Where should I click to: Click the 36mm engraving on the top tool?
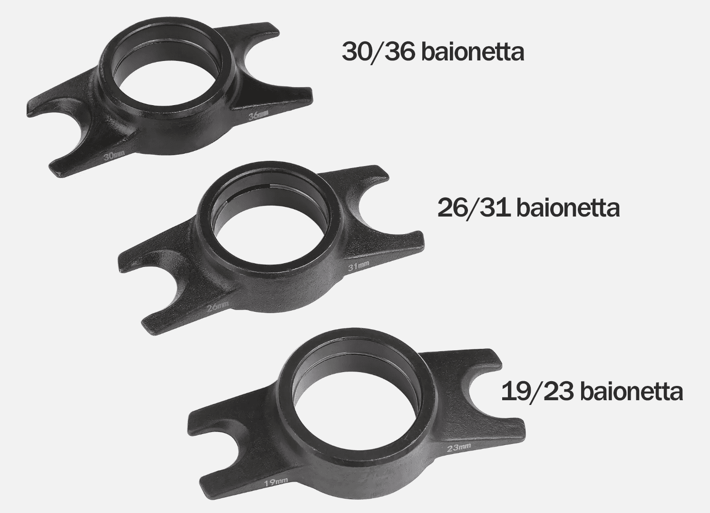(x=258, y=116)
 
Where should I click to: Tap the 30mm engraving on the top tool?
(x=114, y=156)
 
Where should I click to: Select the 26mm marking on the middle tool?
(x=217, y=307)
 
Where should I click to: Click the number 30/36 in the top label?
(x=379, y=52)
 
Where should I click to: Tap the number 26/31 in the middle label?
(x=474, y=208)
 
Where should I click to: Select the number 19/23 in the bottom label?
(x=537, y=391)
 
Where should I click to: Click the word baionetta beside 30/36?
(x=473, y=52)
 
